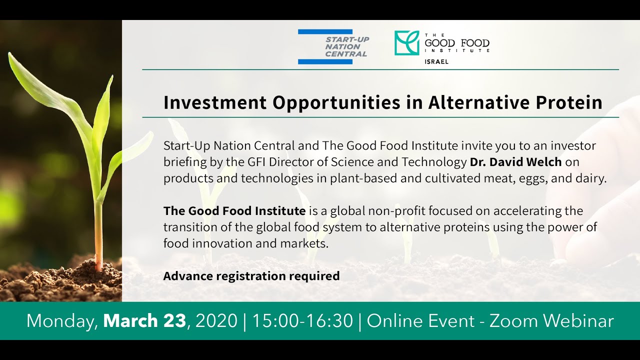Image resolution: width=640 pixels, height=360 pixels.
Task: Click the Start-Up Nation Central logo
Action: [x=332, y=46]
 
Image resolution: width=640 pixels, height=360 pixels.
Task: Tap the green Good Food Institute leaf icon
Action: [x=406, y=43]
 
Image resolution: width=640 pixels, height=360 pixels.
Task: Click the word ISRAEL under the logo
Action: [x=436, y=62]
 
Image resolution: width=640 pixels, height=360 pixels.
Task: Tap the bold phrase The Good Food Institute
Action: [x=234, y=210]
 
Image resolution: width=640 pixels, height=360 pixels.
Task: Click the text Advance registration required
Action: [x=251, y=275]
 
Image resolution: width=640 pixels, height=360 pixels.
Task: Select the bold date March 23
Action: [x=144, y=320]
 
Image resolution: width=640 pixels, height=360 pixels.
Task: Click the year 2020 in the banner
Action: [x=216, y=320]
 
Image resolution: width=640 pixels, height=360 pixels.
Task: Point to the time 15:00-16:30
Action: [x=302, y=320]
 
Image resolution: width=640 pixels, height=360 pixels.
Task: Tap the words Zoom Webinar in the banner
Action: [x=551, y=320]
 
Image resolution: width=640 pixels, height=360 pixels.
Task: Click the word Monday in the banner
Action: [x=62, y=320]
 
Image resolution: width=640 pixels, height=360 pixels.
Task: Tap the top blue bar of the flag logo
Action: [x=325, y=32]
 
